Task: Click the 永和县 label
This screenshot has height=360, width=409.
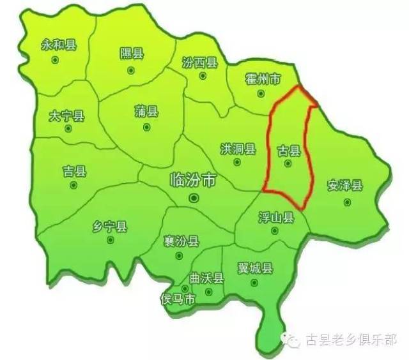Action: point(58,45)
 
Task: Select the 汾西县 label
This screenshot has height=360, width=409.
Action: point(200,63)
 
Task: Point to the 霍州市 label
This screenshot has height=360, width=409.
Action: point(263,80)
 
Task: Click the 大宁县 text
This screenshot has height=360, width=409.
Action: point(66,116)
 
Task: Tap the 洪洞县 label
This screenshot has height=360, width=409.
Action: point(238,149)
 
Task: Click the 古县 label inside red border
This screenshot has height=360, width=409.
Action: point(288,151)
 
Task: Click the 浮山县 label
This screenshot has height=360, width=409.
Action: point(276,218)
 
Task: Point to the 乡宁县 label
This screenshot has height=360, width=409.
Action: point(110,227)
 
